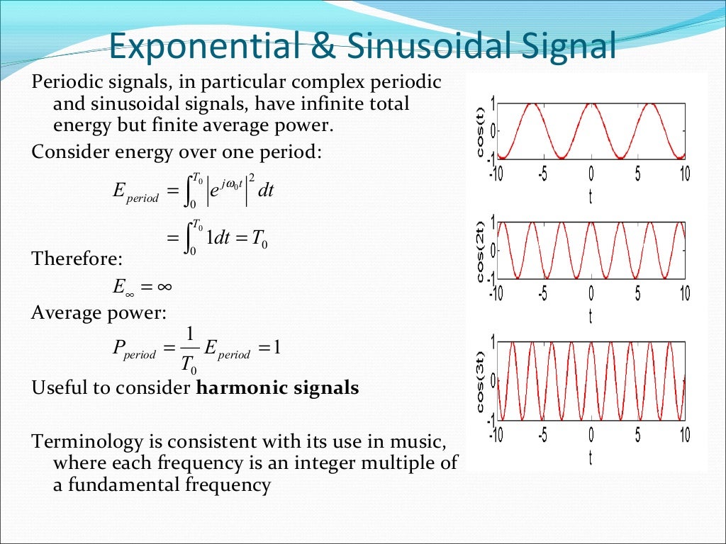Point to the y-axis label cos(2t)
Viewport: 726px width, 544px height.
[481, 252]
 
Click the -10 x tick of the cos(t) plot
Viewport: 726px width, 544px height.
[496, 174]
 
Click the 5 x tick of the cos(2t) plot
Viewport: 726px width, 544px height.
[637, 293]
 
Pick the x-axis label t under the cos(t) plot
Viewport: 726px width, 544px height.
[591, 197]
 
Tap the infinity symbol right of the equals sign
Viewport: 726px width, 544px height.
[164, 287]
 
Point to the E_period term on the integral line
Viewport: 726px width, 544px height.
[135, 193]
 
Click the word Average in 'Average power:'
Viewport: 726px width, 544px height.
[65, 312]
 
